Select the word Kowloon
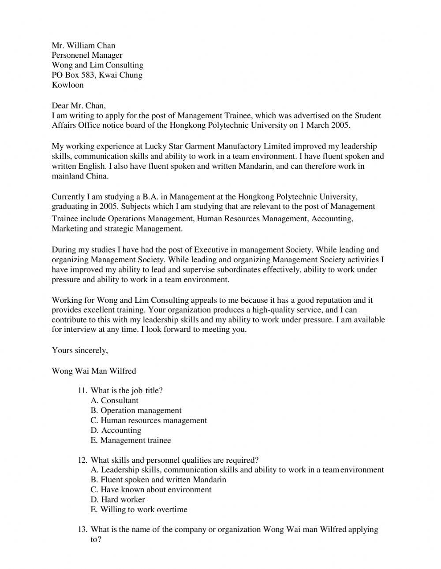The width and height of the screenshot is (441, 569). pyautogui.click(x=67, y=85)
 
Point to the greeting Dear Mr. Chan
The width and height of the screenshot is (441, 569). pyautogui.click(x=78, y=105)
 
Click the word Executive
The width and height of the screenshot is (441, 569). pyautogui.click(x=211, y=249)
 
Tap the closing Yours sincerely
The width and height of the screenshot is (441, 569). pyautogui.click(x=80, y=350)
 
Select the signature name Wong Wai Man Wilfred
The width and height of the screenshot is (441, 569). pyautogui.click(x=94, y=371)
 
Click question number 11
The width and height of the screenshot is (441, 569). pyautogui.click(x=82, y=390)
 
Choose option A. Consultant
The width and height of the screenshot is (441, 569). pyautogui.click(x=114, y=401)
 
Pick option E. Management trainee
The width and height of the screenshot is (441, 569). pyautogui.click(x=131, y=440)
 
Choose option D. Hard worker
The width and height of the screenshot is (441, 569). pyautogui.click(x=118, y=499)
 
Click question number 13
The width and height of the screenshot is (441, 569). pyautogui.click(x=82, y=529)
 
